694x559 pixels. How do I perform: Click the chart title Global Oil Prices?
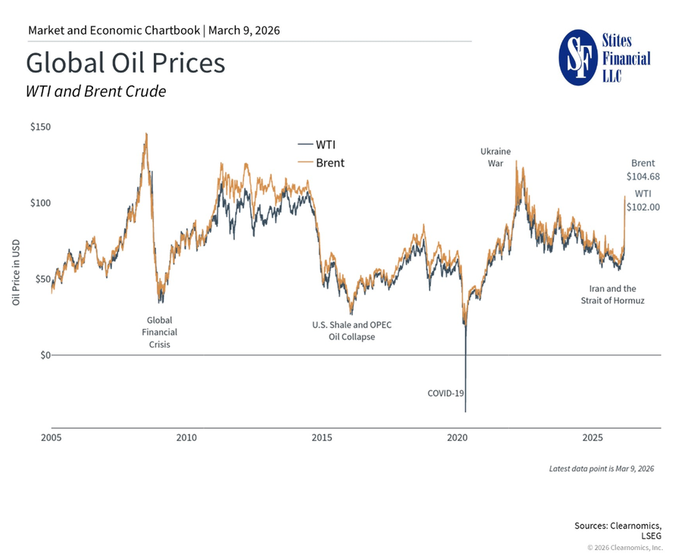125,62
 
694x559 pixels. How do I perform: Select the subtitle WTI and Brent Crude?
95,92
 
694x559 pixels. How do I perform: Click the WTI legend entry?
320,144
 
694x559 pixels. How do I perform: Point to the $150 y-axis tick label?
40,127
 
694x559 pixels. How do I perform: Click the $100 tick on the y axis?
40,203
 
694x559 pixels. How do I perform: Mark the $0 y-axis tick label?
44,355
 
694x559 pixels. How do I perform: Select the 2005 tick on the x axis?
51,438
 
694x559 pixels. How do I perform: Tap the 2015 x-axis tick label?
322,438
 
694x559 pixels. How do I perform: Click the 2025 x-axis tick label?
592,438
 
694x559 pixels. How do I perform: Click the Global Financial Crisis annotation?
159,332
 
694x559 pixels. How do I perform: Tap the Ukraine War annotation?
495,156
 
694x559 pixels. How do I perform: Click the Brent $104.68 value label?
642,170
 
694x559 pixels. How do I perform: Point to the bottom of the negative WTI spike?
465,411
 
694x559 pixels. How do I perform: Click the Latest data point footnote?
601,469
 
